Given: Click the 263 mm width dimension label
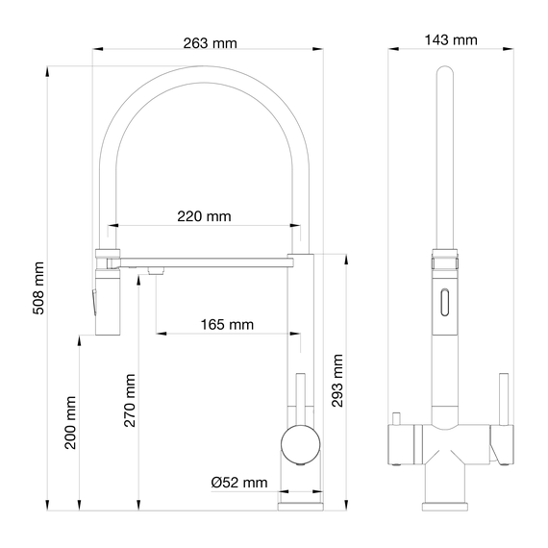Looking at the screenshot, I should (210, 43).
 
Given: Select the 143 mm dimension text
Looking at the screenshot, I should (450, 39).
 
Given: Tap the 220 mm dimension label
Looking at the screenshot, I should (204, 216).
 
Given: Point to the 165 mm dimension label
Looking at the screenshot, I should (227, 324).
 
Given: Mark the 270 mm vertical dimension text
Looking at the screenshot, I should (129, 399).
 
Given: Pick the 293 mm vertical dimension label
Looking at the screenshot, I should (336, 381).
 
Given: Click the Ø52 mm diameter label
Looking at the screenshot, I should (239, 483).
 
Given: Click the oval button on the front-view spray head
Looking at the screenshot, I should (444, 302).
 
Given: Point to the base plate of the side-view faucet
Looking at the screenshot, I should (301, 502).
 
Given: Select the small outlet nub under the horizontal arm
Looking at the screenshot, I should (152, 274).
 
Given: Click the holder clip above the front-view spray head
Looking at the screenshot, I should (444, 261).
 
